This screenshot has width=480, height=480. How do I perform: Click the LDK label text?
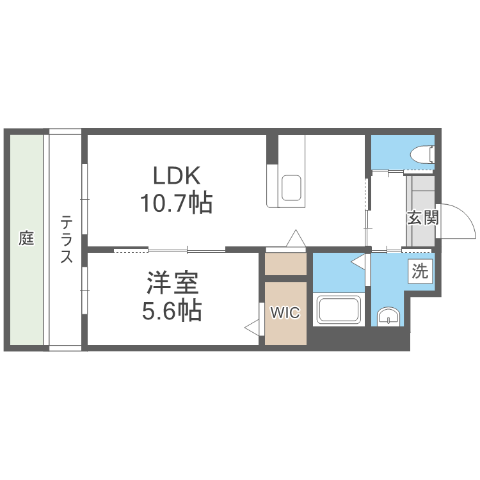coord(177,175)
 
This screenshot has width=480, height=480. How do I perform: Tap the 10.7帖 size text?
coord(177,203)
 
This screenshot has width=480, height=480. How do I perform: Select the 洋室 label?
coord(172,283)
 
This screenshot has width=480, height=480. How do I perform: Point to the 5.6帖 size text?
coord(172,310)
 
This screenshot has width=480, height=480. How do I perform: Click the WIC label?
coord(285,312)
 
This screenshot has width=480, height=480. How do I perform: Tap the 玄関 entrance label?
coord(423,218)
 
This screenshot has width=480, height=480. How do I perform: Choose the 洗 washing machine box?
coord(420,271)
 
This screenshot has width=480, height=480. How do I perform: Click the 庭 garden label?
coord(26,238)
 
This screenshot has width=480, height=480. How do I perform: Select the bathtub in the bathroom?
coord(339,309)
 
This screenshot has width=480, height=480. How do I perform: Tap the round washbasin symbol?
coord(388,317)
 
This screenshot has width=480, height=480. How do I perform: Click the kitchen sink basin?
coord(291,188)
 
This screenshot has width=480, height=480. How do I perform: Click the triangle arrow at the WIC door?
coord(252,328)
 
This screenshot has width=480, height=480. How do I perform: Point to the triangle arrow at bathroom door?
coord(358,262)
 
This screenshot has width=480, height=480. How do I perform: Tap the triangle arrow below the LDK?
coord(296,238)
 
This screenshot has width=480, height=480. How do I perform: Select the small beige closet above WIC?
coord(285,264)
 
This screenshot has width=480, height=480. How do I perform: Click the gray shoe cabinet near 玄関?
coord(420,211)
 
